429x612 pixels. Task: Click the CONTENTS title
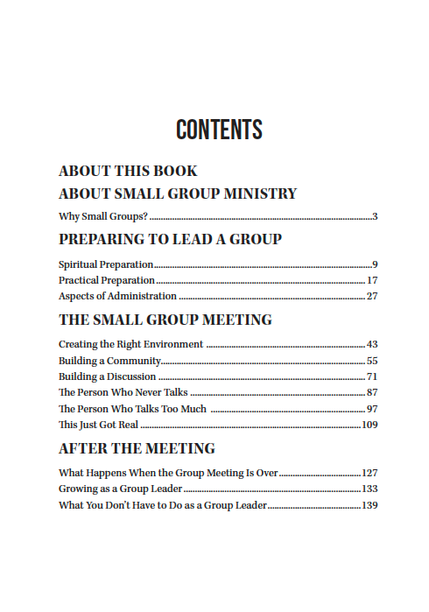219,130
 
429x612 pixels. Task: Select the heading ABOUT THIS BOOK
128,171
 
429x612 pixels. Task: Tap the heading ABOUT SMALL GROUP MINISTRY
178,193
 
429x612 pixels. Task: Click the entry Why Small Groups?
103,216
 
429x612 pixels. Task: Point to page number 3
375,216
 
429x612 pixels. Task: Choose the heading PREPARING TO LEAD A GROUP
170,239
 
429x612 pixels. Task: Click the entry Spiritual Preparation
106,264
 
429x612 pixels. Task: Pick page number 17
372,280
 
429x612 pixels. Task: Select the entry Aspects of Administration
117,296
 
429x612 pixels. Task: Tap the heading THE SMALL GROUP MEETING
165,320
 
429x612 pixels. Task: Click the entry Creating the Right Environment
131,344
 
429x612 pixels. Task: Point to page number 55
372,361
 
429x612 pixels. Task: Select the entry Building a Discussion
108,376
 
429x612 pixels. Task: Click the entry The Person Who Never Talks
123,392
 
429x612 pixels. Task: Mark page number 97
372,409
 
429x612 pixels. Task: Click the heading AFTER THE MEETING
137,448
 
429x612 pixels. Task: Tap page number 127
369,473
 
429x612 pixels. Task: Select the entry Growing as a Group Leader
120,489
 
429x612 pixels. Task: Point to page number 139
369,505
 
